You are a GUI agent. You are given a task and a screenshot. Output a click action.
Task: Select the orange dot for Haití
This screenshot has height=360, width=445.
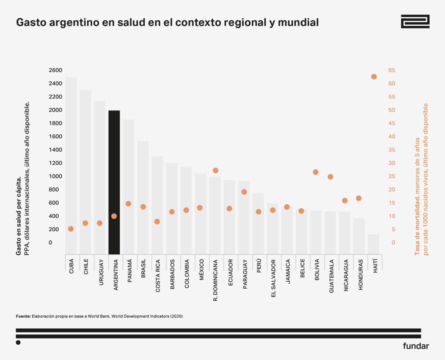[374, 77]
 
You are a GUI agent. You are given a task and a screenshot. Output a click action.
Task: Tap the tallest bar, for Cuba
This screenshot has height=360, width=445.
[71, 165]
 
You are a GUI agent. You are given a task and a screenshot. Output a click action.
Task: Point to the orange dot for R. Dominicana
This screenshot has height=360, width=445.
[215, 170]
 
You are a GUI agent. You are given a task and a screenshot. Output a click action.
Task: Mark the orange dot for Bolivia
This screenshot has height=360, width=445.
[315, 172]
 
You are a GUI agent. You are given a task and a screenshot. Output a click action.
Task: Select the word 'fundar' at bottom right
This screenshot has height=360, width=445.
[416, 346]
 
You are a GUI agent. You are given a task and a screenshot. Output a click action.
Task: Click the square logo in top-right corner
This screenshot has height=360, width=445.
[415, 21]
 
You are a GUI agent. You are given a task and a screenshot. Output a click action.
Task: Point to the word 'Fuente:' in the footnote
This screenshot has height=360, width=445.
[23, 317]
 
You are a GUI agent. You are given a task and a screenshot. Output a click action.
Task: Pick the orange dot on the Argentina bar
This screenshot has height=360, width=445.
[114, 216]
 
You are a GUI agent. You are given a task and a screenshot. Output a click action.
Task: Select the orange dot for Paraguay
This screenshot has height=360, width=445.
[244, 192]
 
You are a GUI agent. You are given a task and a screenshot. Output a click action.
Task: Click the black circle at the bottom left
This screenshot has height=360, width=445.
[18, 343]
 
